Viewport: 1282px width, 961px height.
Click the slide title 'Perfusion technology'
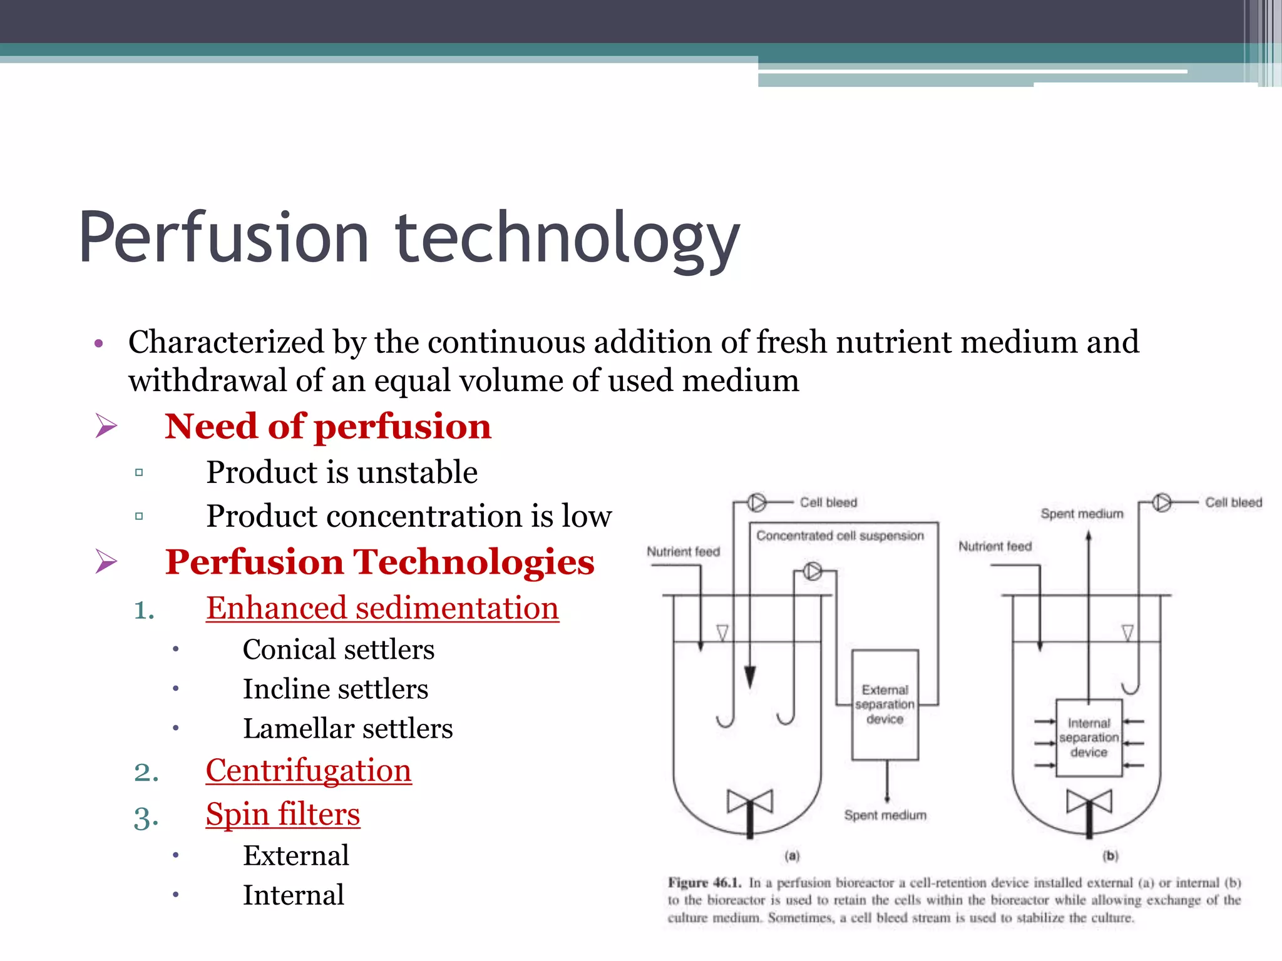point(409,239)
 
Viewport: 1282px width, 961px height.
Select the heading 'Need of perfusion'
point(328,427)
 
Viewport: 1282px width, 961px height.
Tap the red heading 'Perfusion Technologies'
point(379,561)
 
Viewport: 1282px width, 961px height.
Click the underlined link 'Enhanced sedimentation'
point(382,608)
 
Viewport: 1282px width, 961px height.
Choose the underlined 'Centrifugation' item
point(309,770)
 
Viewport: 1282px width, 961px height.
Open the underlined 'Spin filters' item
point(283,815)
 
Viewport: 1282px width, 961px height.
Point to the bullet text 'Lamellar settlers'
point(347,729)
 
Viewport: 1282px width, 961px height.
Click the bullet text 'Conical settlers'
point(338,649)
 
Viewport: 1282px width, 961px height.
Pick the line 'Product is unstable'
point(342,472)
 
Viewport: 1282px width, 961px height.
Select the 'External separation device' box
point(885,704)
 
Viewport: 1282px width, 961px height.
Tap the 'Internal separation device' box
point(1089,738)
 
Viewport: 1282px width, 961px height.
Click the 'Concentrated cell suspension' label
point(839,536)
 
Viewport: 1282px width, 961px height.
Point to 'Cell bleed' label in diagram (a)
point(828,502)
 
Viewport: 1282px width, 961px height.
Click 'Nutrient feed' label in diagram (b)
point(995,546)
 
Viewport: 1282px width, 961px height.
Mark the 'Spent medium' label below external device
point(885,815)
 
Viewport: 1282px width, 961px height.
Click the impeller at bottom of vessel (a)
point(750,803)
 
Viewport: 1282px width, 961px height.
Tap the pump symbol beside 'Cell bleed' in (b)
point(1162,502)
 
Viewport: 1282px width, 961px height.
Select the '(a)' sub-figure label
point(792,855)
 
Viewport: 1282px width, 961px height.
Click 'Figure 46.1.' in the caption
point(704,883)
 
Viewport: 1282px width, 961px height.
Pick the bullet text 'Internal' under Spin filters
point(293,895)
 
